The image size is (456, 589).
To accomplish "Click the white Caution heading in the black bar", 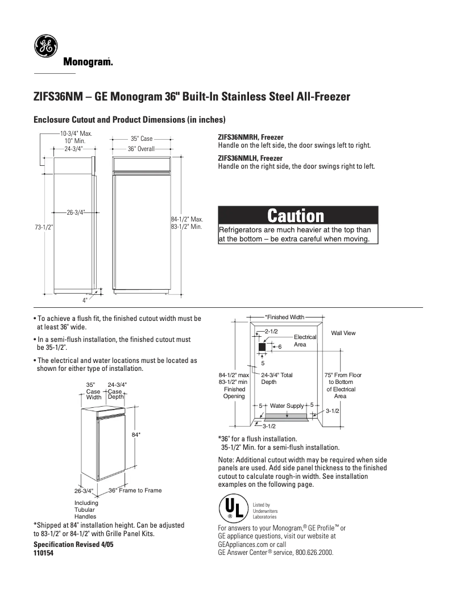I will [296, 216].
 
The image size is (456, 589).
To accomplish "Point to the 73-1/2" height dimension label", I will [43, 227].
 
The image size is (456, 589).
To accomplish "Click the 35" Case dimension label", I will [142, 138].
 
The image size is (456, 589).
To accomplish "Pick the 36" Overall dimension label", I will [141, 149].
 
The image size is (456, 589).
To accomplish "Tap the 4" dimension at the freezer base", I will [85, 299].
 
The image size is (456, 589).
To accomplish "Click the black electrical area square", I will [262, 346].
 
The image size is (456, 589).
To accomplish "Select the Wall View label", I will [343, 333].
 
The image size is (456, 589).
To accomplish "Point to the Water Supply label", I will [287, 406].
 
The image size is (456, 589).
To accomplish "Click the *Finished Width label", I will [284, 316].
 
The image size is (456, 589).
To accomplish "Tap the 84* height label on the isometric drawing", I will [136, 435].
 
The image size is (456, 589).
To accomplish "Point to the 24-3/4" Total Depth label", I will [277, 378].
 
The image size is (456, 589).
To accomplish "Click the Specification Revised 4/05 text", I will [71, 544].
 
